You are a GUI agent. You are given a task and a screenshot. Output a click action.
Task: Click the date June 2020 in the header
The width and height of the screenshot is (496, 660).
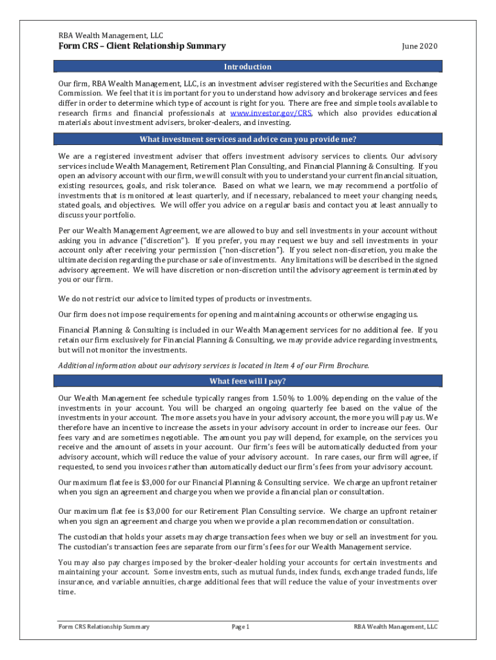(419, 46)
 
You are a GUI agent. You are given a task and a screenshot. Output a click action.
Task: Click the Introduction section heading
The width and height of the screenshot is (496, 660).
(247, 67)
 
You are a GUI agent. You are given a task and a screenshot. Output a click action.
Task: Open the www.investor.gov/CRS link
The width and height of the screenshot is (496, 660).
(271, 113)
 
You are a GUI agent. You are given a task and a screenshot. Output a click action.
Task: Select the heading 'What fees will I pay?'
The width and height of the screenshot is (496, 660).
(247, 381)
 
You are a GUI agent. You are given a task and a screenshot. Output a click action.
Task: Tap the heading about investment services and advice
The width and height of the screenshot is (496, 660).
(247, 140)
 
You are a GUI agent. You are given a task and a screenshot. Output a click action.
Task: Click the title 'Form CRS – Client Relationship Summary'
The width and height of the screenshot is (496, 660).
(142, 46)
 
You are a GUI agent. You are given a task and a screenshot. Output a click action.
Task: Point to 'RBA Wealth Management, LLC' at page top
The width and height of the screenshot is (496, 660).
(111, 35)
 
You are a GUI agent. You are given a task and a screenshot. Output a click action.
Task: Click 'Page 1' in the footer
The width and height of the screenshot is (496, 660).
(240, 626)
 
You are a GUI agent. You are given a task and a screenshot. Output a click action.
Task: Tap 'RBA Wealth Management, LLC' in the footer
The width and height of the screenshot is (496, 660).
(396, 626)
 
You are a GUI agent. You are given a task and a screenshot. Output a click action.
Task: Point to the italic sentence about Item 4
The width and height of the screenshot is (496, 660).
(213, 365)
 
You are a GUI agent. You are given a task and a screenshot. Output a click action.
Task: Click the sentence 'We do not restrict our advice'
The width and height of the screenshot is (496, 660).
(185, 298)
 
